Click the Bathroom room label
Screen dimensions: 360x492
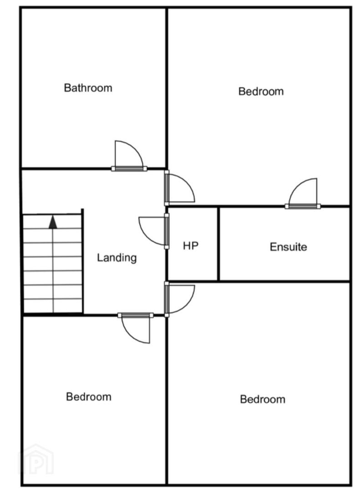point(88,87)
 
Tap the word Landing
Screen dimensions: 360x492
point(117,257)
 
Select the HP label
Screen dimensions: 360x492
point(191,246)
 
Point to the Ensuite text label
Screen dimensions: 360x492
point(288,247)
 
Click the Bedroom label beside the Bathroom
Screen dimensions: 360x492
point(261,91)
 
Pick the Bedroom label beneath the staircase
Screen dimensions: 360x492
point(89,397)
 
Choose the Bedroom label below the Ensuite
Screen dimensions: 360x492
point(263,399)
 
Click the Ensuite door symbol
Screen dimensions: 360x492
point(303,193)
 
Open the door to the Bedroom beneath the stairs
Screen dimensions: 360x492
point(136,328)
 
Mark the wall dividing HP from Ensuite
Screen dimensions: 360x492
point(218,244)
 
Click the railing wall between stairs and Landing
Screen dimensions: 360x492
point(82,261)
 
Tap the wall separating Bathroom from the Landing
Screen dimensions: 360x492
point(93,169)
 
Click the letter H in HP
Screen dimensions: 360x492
point(187,246)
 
